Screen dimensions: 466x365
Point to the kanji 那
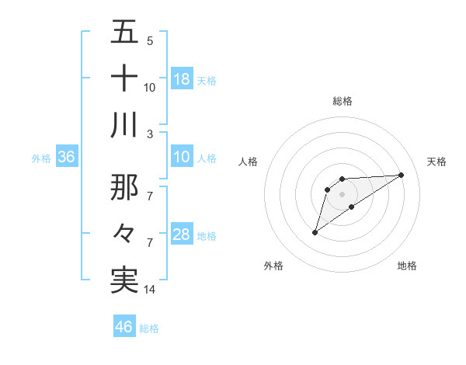[x=124, y=186]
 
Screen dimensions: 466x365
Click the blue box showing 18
[x=182, y=79]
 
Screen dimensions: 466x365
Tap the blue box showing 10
[x=182, y=158]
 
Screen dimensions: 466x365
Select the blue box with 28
[x=182, y=235]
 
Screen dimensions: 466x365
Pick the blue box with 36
[x=67, y=158]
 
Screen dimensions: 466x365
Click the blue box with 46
[x=124, y=327]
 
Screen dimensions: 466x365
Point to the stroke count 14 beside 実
[x=150, y=290]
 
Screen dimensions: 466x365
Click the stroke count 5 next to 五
[x=149, y=40]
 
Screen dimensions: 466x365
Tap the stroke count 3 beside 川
[x=149, y=134]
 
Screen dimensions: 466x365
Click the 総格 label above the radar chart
[x=342, y=101]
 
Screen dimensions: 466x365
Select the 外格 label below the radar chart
[x=273, y=266]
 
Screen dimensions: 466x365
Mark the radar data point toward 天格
[x=402, y=174]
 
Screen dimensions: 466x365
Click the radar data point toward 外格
[x=315, y=232]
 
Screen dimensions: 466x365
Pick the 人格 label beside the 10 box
[x=207, y=158]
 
